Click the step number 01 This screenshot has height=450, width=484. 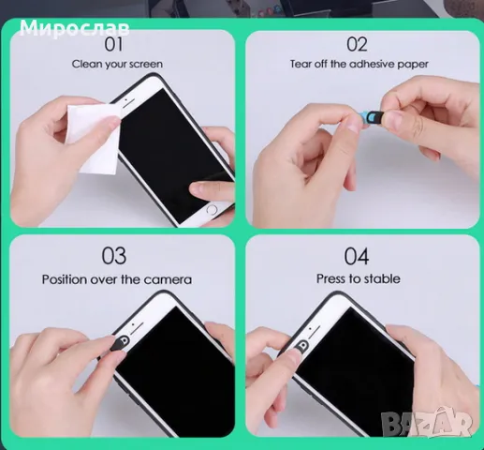[x=113, y=44]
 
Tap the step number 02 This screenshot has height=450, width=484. [x=357, y=44]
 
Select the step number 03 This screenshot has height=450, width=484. [x=114, y=256]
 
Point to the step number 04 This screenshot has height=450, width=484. [x=357, y=256]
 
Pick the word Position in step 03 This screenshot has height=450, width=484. [x=65, y=279]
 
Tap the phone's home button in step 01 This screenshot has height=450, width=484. [x=212, y=210]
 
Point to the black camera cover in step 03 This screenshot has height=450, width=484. [x=116, y=344]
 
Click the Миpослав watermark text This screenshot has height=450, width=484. [x=74, y=28]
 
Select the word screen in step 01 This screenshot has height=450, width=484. [x=146, y=65]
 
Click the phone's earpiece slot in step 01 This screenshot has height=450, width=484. [x=128, y=104]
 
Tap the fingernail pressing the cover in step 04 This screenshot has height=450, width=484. [x=293, y=354]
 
